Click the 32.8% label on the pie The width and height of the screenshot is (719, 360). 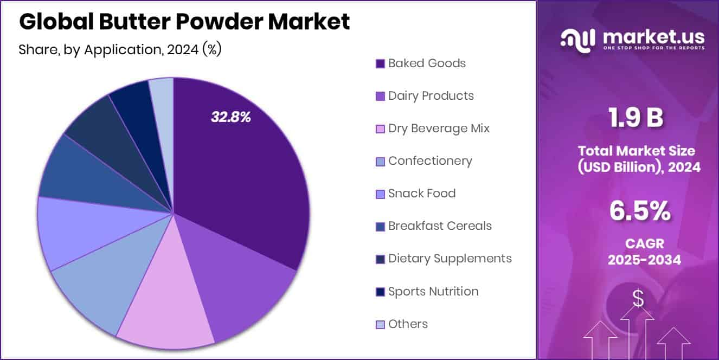(230, 117)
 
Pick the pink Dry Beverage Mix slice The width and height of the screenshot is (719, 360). (168, 309)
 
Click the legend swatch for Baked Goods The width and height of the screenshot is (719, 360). (380, 64)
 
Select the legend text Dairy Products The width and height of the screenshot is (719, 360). (431, 96)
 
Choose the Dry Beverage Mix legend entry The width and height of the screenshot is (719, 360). (439, 128)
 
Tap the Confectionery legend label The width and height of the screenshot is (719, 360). (430, 161)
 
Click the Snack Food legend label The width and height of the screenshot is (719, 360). (422, 194)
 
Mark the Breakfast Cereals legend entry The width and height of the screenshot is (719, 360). (440, 226)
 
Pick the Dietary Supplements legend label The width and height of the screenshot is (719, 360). (450, 259)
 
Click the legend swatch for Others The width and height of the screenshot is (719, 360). (380, 325)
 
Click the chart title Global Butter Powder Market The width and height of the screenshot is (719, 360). (184, 22)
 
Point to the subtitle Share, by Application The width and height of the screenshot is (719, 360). (120, 50)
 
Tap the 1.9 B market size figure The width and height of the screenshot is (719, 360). (635, 119)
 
